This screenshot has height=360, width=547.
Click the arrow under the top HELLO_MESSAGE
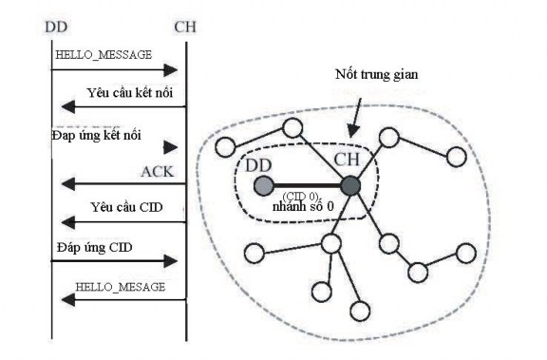coord(114,70)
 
